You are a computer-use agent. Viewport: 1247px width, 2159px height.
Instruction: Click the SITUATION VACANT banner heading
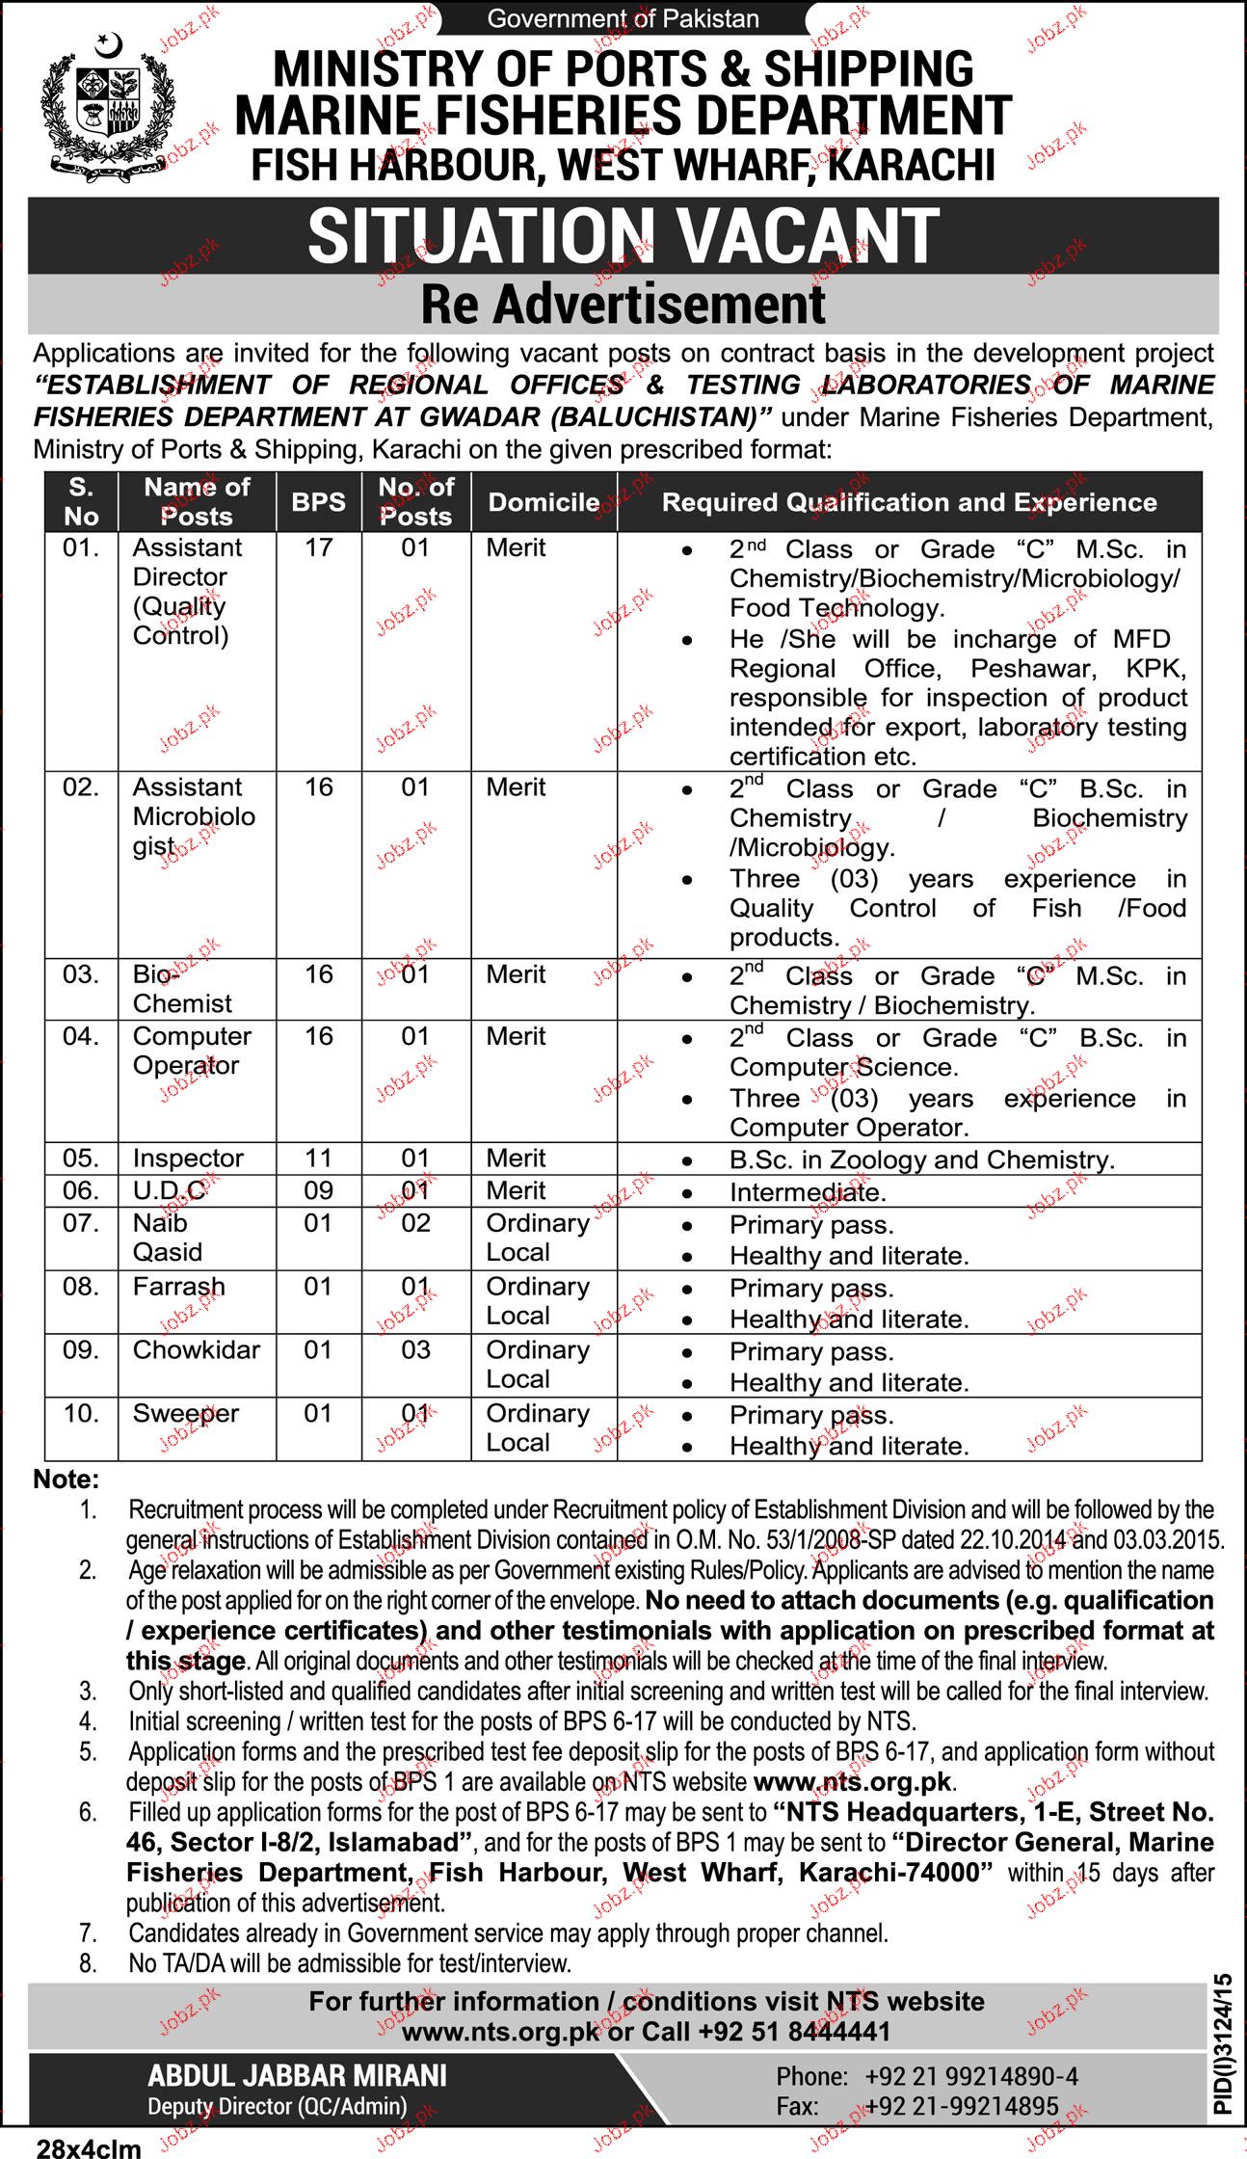pos(623,236)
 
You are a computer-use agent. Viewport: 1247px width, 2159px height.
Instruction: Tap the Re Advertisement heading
pos(623,305)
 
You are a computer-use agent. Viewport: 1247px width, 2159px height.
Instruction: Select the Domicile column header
pos(544,502)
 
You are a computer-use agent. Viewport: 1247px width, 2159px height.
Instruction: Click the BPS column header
pos(318,502)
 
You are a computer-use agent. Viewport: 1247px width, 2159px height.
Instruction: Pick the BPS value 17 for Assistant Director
pos(318,547)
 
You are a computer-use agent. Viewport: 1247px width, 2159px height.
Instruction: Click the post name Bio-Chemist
pos(182,989)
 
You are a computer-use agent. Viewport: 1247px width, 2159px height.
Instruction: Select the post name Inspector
pos(188,1158)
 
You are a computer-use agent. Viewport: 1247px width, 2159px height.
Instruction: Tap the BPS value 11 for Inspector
pos(318,1158)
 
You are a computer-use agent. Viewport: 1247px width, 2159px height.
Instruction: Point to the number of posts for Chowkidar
pos(415,1349)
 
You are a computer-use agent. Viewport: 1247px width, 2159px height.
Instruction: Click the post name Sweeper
pos(185,1413)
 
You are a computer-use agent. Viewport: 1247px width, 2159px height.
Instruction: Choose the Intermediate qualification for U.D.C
pos(807,1192)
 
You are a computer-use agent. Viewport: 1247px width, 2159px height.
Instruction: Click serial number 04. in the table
pos(81,1036)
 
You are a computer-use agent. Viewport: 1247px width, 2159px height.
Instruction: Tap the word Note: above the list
pos(66,1479)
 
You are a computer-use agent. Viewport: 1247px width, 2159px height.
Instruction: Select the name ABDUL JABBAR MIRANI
pos(297,2075)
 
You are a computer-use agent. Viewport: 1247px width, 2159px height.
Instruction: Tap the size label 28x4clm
pos(89,2147)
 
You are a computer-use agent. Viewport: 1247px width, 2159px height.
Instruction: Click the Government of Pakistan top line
pos(623,18)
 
